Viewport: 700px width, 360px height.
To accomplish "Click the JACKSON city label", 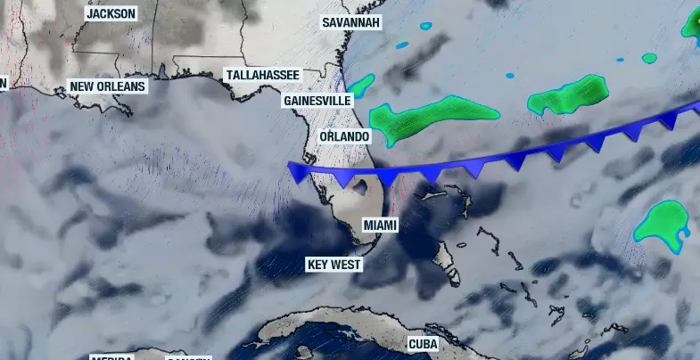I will [x=111, y=13].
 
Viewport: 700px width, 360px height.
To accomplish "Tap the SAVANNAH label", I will [x=351, y=21].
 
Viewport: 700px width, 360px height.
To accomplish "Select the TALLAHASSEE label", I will [x=262, y=75].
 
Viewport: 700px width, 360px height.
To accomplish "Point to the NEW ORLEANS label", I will [x=107, y=86].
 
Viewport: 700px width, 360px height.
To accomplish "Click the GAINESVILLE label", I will [x=317, y=101].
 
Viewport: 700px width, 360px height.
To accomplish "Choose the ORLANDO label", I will [x=344, y=136].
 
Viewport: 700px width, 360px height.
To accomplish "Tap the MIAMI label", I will [x=381, y=225].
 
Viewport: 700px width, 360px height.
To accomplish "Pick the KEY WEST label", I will [x=334, y=265].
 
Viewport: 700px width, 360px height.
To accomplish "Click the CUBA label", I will [x=423, y=343].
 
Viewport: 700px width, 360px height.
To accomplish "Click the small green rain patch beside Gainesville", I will [x=361, y=86].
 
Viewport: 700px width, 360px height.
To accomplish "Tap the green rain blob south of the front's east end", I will [x=662, y=223].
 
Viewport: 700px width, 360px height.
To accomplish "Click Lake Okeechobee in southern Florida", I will [x=362, y=187].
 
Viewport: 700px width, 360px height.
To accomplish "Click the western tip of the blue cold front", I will [x=290, y=164].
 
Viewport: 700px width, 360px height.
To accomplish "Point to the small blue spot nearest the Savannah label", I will [x=401, y=45].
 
